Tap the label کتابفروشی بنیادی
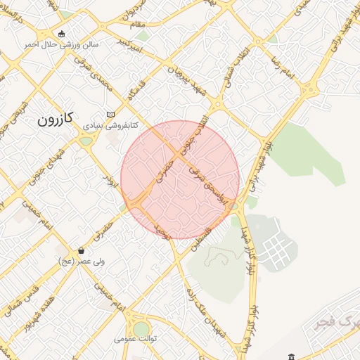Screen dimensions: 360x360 coord(111,125)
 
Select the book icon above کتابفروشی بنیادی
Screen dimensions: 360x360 coord(110,114)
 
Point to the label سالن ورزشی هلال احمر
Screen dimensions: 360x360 coord(62,44)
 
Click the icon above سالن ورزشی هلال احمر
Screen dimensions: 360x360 coord(62,33)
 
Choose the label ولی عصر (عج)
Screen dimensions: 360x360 coord(82,261)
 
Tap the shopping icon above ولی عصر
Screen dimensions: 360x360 coord(82,250)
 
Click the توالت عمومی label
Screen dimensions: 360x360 coord(136,339)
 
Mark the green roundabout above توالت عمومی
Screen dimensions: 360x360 coord(141,328)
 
